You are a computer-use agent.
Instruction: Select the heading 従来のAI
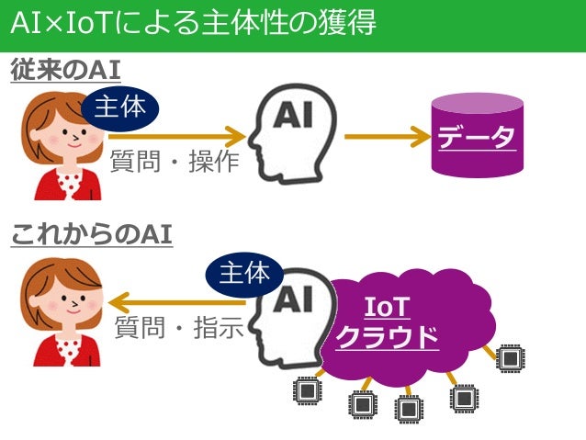66,71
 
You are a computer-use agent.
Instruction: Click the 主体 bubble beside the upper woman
121,109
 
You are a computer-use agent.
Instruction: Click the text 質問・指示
178,327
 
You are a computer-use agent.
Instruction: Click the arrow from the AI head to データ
387,139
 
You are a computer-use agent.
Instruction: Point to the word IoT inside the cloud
387,307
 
